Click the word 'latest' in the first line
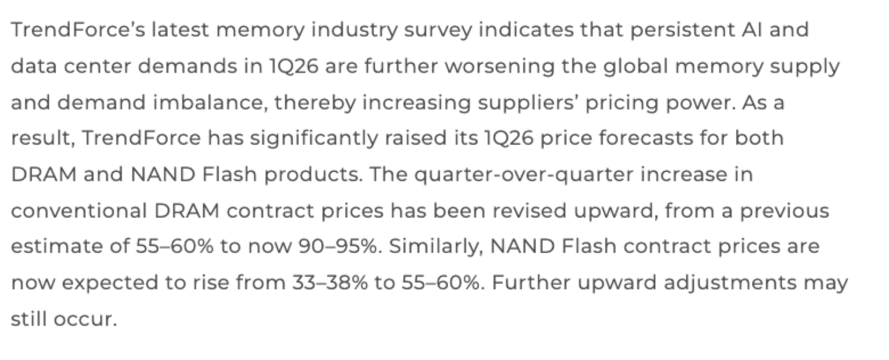coord(180,30)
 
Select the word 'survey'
coord(438,31)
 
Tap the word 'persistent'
coord(683,30)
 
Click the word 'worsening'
coord(499,67)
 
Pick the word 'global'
coord(636,66)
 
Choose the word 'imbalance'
coord(209,103)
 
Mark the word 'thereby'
coord(315,103)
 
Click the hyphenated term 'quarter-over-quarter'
coord(524,175)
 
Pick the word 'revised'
coord(530,211)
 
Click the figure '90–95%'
coord(338,246)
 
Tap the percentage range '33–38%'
coord(330,283)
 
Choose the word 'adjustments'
coord(730,283)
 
